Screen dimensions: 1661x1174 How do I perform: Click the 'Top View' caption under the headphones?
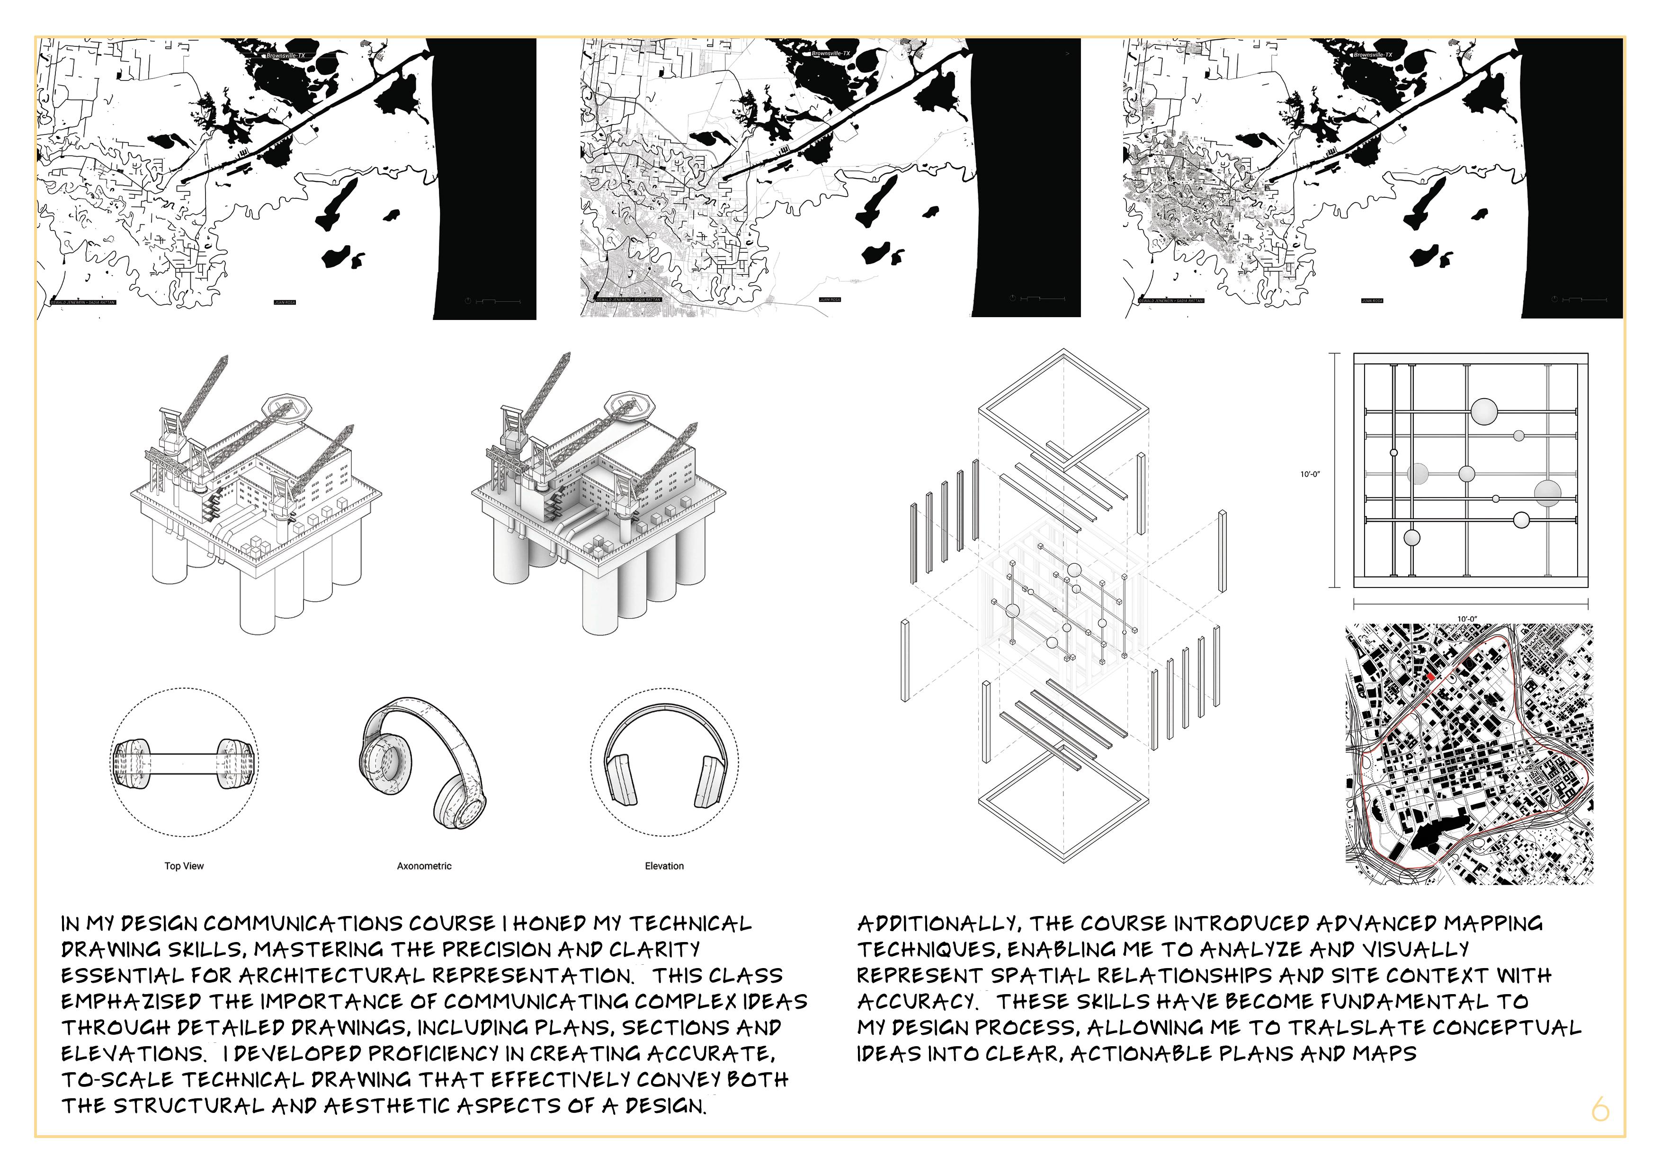184,866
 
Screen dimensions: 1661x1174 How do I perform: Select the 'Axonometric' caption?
424,866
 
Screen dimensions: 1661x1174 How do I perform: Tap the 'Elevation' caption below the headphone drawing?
664,866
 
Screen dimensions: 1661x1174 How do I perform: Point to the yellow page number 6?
1600,1108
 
